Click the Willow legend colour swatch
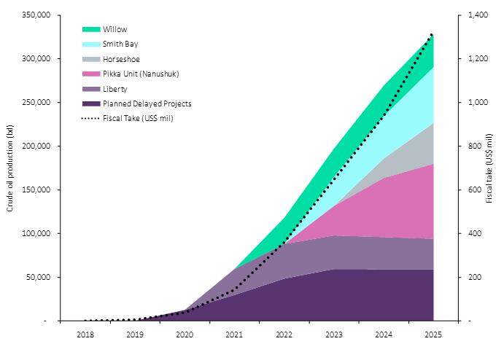click(90, 29)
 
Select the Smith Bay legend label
click(120, 44)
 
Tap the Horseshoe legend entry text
click(121, 59)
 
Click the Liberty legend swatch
click(90, 89)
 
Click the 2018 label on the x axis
click(85, 336)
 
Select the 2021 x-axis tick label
click(234, 336)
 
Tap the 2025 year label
click(433, 336)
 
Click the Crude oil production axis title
click(10, 168)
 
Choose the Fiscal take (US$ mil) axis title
click(488, 168)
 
